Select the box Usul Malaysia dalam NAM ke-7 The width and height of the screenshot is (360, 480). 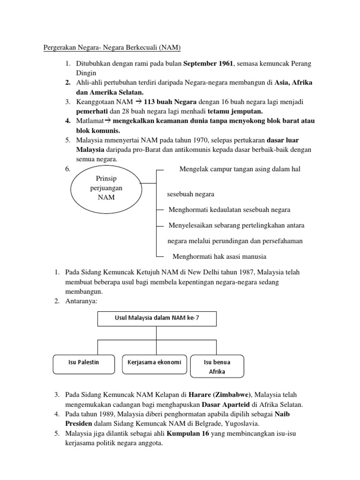[x=157, y=319]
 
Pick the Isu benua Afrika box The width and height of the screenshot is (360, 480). [x=217, y=366]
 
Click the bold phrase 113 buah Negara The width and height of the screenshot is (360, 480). [x=172, y=102]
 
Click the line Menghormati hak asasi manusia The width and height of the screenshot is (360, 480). [x=219, y=256]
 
